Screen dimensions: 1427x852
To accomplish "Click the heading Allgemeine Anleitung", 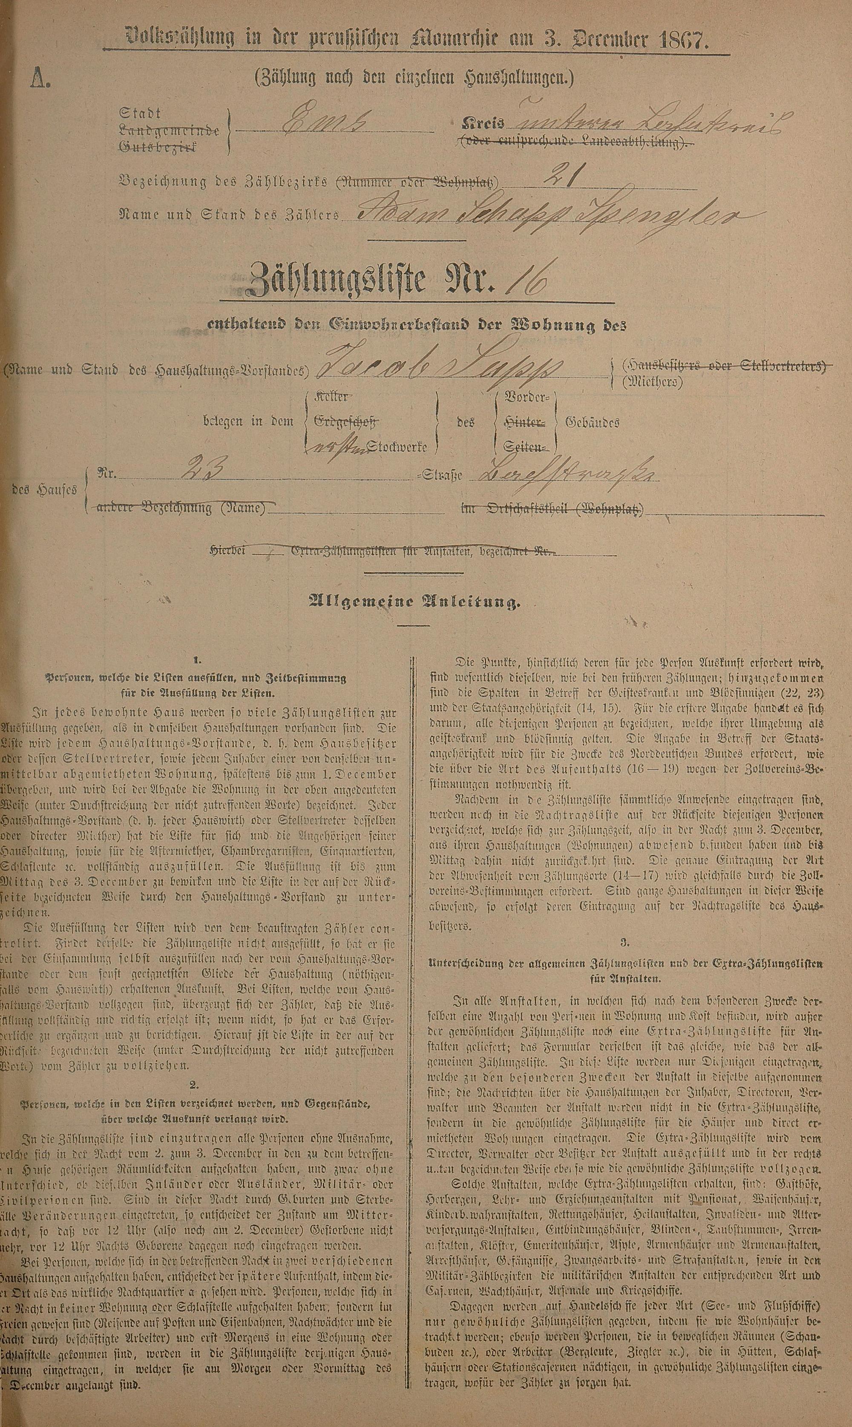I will tap(415, 602).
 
